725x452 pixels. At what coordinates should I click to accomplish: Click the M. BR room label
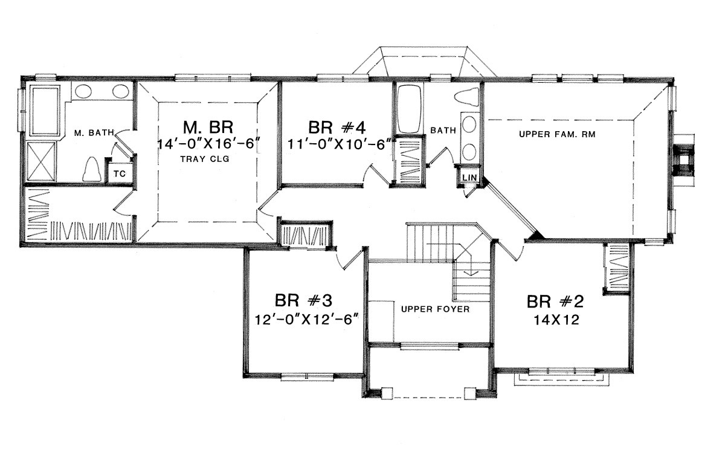point(208,128)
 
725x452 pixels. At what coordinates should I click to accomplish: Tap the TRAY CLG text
point(205,159)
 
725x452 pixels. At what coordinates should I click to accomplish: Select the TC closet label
point(120,174)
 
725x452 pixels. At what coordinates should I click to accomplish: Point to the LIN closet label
point(469,178)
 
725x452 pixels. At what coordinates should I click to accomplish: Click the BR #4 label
point(337,128)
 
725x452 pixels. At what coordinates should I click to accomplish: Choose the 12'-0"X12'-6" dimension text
point(306,320)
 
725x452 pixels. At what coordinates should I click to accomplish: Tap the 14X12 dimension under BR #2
point(556,320)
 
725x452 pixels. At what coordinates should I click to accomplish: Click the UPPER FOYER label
point(436,309)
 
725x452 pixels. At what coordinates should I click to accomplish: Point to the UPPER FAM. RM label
point(557,134)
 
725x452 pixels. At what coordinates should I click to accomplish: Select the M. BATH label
point(94,133)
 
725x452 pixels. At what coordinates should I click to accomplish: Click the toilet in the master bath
point(92,169)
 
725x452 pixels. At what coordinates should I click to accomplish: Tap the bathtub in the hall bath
point(410,109)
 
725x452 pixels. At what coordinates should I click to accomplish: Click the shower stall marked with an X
point(41,161)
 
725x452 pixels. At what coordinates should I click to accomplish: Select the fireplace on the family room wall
point(683,160)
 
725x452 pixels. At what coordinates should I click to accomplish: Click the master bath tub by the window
point(45,111)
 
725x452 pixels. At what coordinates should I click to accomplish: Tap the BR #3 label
point(303,300)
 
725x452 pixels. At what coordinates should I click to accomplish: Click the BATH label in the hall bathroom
point(443,130)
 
